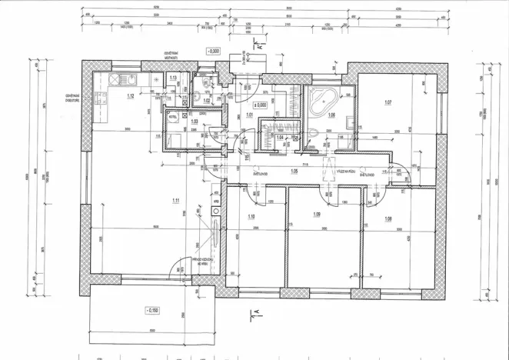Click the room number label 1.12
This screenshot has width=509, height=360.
131,96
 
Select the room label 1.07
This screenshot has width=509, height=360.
389,102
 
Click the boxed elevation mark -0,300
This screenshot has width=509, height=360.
213,51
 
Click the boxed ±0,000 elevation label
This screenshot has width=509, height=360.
260,104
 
